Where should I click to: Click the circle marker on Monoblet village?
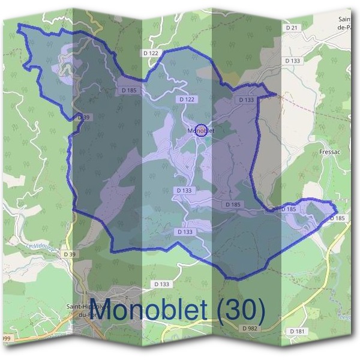coord(202,130)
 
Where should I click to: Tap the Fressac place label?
coord(332,152)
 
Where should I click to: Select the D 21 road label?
coord(292,28)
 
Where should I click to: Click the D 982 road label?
coord(250,329)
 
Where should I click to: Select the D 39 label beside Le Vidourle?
coord(70,254)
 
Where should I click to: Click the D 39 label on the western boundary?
coord(83,118)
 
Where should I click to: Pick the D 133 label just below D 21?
coord(293,61)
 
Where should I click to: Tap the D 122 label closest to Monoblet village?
coord(187,98)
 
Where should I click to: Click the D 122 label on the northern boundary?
coord(151,53)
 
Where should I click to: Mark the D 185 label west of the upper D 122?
coord(128,90)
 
